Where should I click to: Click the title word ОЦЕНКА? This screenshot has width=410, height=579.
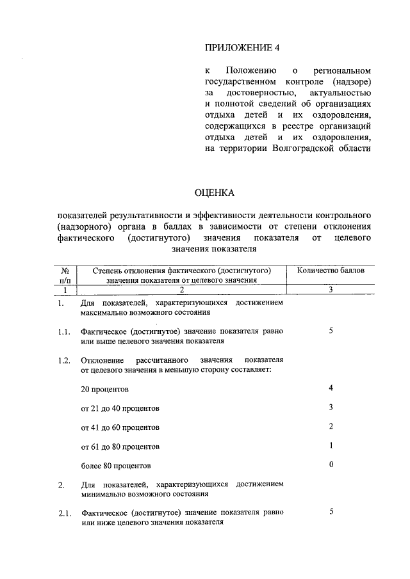click(215, 192)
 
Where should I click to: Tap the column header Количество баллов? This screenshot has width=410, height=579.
click(331, 271)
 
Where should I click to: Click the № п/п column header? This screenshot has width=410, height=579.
click(63, 275)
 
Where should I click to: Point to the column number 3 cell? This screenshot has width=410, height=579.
click(331, 289)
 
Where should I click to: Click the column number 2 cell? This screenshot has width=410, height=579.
click(182, 289)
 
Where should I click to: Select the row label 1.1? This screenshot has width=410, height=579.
click(62, 332)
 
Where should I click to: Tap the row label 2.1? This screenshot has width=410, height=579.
click(62, 514)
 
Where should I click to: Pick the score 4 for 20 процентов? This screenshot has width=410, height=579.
click(331, 388)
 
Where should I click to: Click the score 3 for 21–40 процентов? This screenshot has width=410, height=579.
click(331, 408)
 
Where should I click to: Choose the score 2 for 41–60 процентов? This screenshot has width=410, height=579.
click(331, 427)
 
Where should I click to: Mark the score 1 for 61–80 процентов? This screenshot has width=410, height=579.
click(331, 446)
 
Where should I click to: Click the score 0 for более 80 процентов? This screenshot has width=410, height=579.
click(331, 465)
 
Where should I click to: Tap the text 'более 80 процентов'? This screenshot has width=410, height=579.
click(117, 466)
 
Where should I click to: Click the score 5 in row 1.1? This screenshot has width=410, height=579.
click(331, 331)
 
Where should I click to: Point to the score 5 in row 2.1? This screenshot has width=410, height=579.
click(331, 512)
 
